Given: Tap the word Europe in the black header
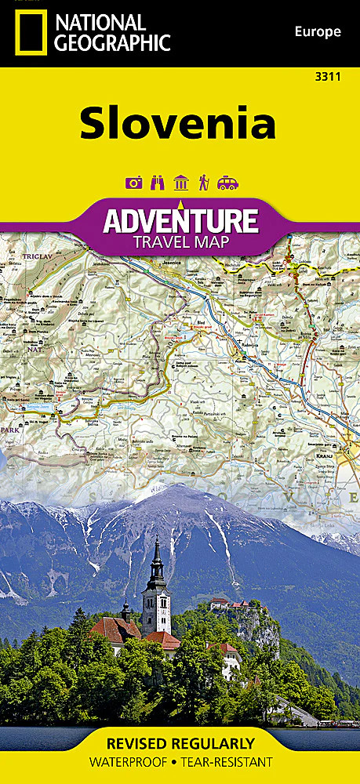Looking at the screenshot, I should coord(318,32).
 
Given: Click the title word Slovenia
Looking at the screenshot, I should coord(178,123).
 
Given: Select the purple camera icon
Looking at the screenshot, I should coord(133,183).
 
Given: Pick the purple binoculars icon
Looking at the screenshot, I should coord(157,183).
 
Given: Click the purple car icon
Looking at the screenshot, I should coord(227,183).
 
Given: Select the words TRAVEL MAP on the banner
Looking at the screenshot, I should coord(180,241).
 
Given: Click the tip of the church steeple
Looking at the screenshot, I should coord(157,539).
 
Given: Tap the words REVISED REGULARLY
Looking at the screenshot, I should coord(180,743).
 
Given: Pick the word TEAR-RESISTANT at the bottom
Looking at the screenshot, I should coord(226,762).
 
